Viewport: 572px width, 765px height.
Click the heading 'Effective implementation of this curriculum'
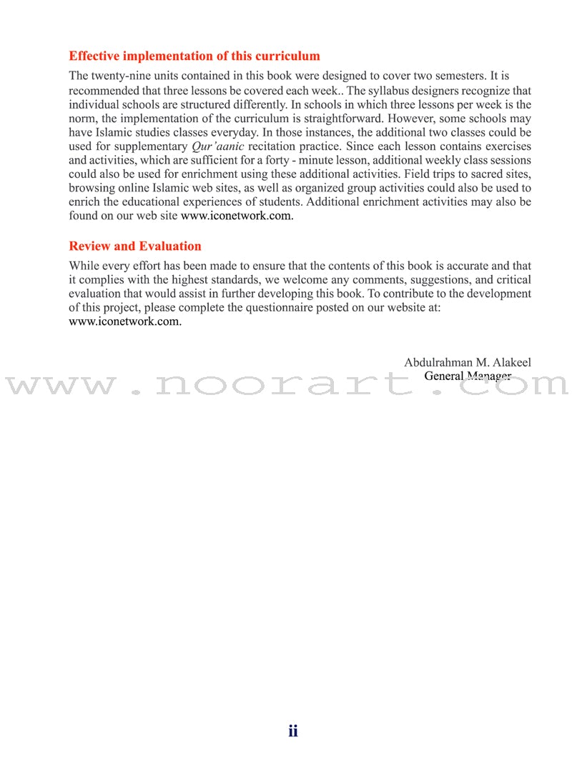pyautogui.click(x=194, y=56)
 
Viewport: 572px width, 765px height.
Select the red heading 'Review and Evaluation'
pyautogui.click(x=135, y=246)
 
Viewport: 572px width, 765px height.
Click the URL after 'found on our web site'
pyautogui.click(x=237, y=216)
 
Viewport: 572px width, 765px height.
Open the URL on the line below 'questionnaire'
pyautogui.click(x=125, y=321)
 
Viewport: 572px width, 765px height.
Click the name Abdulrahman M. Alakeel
pyautogui.click(x=467, y=363)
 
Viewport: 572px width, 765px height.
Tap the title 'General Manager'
pyautogui.click(x=467, y=376)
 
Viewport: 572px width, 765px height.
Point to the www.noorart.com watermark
pyautogui.click(x=286, y=386)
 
